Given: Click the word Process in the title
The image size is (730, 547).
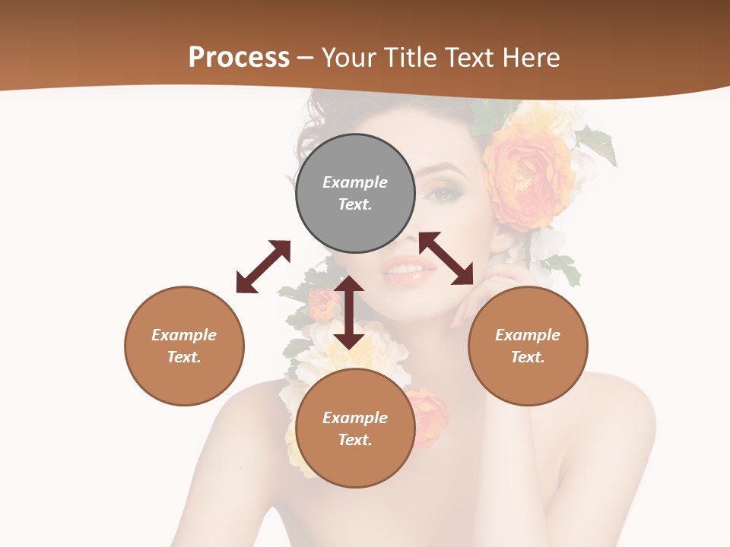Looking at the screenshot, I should click(239, 58).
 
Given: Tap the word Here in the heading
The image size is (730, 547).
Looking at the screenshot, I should click(528, 58).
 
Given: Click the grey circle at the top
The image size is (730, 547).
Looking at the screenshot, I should click(355, 193).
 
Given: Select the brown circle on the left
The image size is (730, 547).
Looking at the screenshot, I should click(184, 346).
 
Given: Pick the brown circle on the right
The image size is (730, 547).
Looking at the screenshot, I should click(528, 346).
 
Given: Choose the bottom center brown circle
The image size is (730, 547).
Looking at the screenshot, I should click(355, 428).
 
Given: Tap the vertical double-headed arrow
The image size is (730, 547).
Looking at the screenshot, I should click(349, 312).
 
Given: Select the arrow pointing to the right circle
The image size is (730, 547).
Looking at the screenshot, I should click(446, 258).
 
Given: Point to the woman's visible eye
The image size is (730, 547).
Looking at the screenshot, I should click(444, 194).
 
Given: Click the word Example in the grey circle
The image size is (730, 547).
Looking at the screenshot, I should click(355, 182).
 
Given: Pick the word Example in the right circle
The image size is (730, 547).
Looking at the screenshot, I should click(528, 335).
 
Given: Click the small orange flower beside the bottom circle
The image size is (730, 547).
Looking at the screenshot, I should click(430, 414).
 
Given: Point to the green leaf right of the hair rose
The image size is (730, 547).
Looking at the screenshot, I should click(598, 144).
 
